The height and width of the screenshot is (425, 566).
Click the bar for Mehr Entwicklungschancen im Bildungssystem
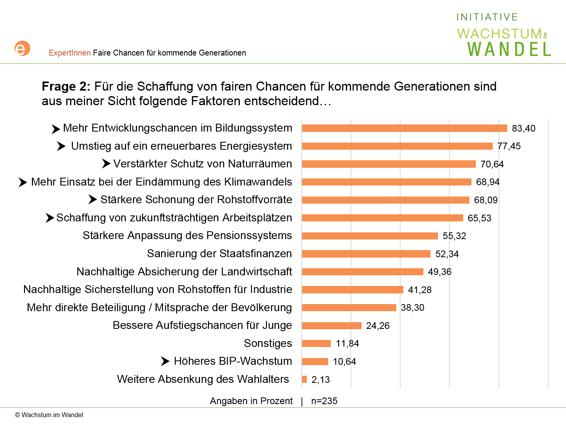click(405, 128)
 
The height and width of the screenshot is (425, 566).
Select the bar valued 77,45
click(397, 146)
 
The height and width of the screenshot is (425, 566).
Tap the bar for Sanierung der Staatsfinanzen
click(366, 254)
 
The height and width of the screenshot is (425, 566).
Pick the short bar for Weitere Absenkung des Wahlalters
click(304, 379)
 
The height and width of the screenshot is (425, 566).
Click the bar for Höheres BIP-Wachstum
click(315, 361)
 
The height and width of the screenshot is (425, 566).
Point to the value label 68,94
click(488, 182)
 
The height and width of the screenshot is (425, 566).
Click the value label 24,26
click(378, 326)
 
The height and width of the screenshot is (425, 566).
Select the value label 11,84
click(347, 343)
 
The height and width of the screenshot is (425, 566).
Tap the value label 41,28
click(419, 290)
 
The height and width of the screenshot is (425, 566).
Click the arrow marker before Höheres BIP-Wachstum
click(165, 361)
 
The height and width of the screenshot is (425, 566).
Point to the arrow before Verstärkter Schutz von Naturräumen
click(106, 163)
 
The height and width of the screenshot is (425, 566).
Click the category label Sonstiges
click(268, 343)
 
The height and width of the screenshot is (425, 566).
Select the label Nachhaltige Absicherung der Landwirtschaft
click(184, 272)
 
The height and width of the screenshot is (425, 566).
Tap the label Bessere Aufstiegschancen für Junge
click(202, 325)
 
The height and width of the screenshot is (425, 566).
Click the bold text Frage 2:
click(66, 86)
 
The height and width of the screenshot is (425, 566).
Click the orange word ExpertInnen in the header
click(70, 53)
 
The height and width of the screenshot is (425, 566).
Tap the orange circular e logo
click(22, 48)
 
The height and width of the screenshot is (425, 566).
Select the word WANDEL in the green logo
click(509, 50)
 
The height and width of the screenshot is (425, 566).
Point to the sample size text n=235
click(324, 401)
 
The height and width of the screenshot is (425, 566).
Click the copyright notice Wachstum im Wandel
click(49, 415)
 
